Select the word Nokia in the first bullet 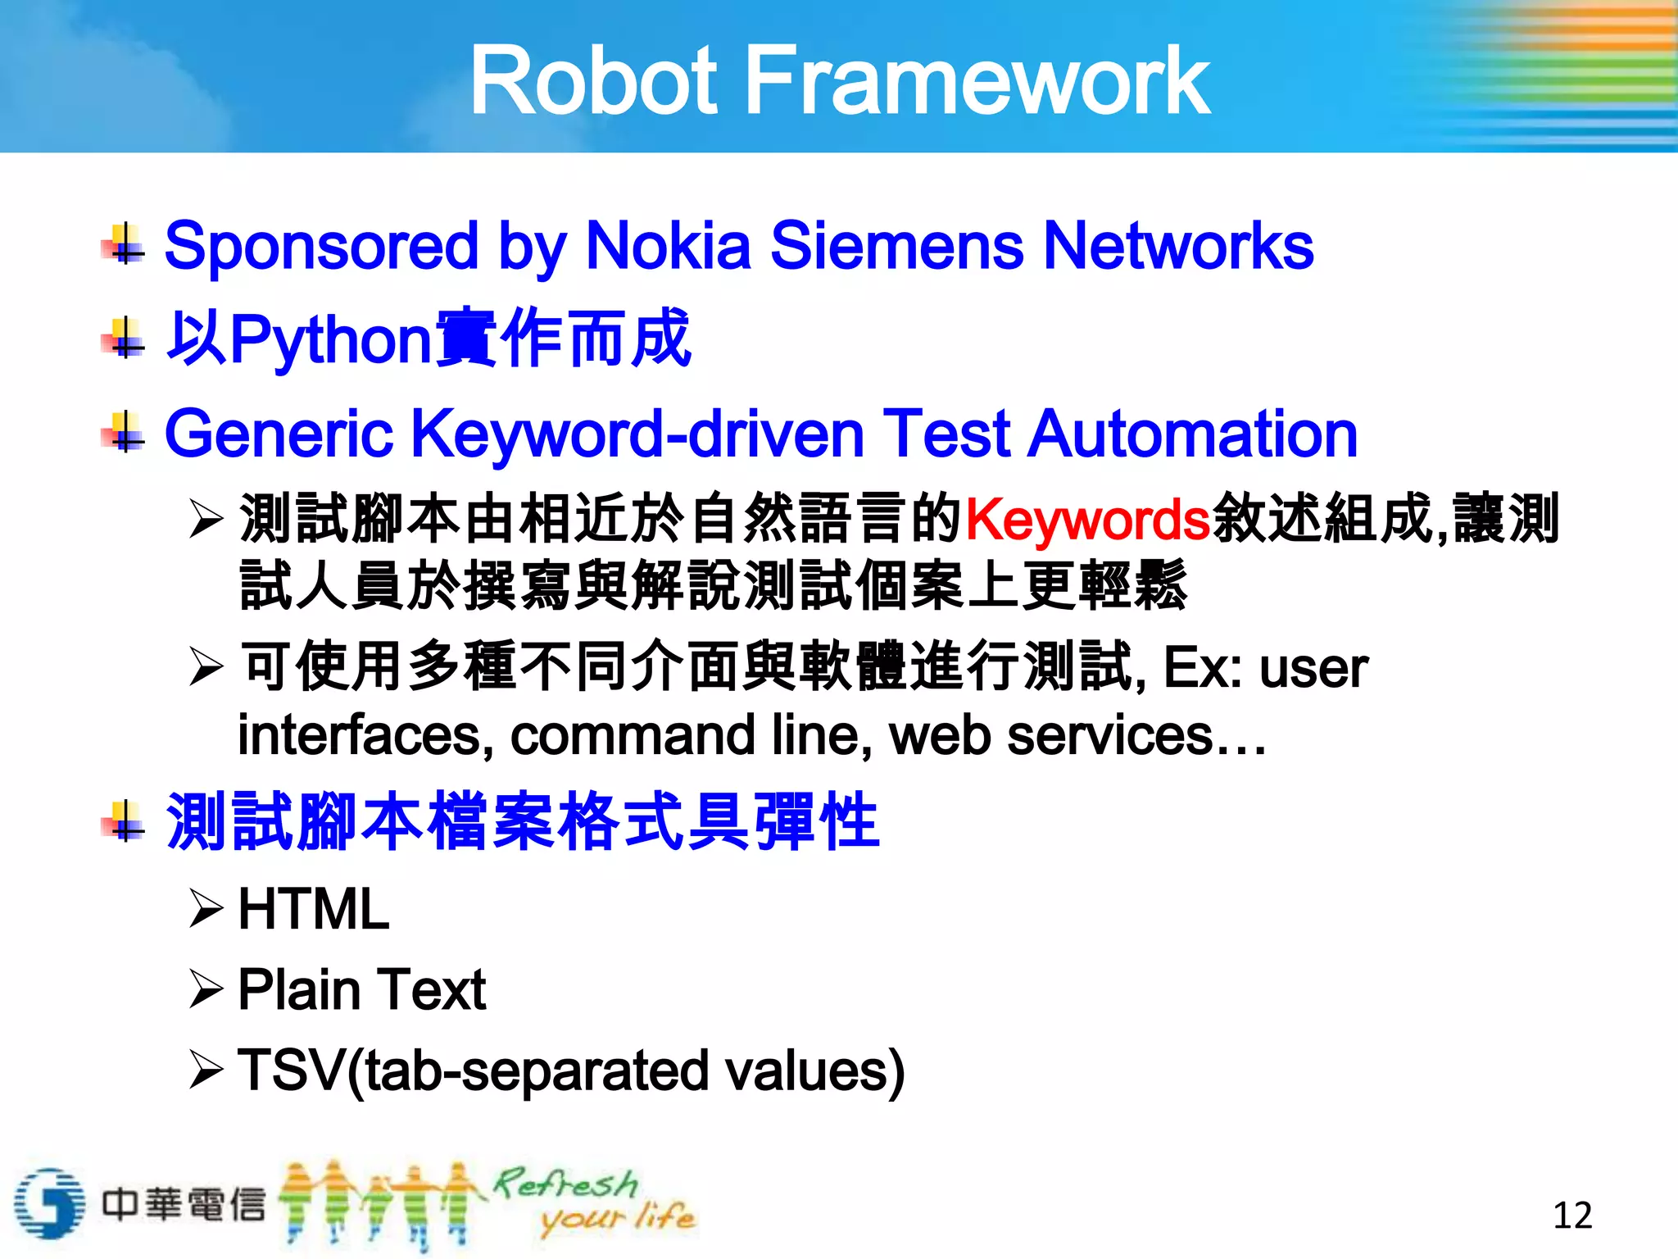pos(668,246)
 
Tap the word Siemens pos(896,246)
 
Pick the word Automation pos(1192,434)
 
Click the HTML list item pos(313,909)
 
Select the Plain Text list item pos(361,989)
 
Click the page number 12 pos(1572,1215)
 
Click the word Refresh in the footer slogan pos(565,1184)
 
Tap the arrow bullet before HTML pos(205,909)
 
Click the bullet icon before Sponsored pos(124,245)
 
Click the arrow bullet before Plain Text pos(205,989)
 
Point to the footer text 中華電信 pos(184,1204)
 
